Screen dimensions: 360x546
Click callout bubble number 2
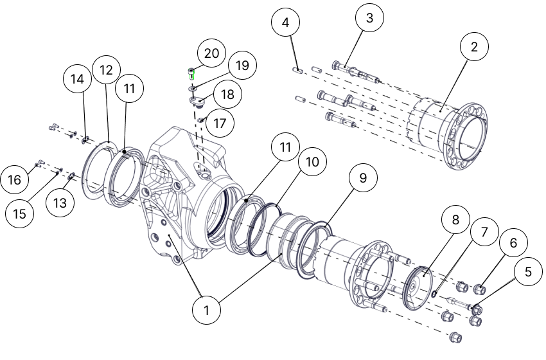474,46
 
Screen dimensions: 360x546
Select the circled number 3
369,19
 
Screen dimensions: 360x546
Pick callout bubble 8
455,220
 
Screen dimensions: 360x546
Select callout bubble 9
363,178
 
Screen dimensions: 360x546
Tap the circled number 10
312,162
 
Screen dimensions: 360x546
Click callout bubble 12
106,69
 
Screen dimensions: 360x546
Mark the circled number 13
60,203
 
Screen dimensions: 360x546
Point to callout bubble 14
78,79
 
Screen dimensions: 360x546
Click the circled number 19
242,66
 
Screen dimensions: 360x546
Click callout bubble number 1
207,310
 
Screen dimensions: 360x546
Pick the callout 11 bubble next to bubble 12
130,89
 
